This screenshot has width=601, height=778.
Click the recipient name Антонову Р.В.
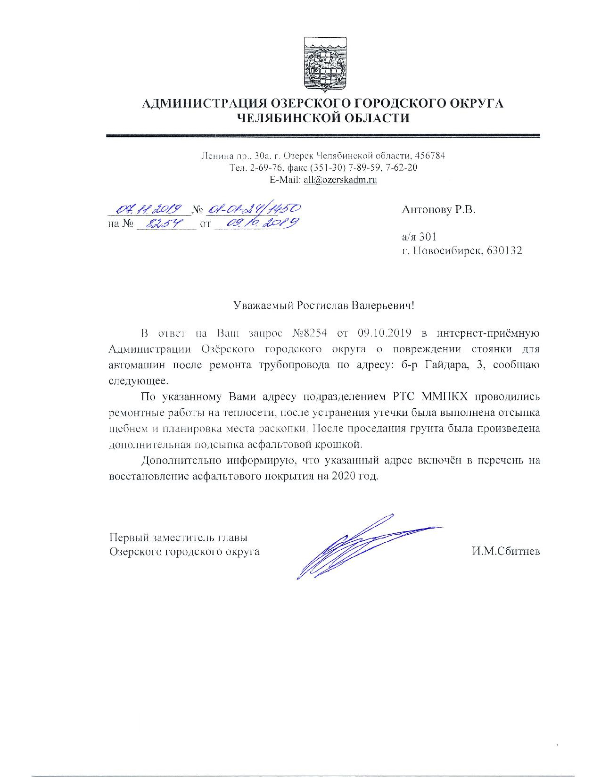pyautogui.click(x=439, y=210)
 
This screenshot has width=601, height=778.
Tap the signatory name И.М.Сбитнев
pyautogui.click(x=506, y=551)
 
